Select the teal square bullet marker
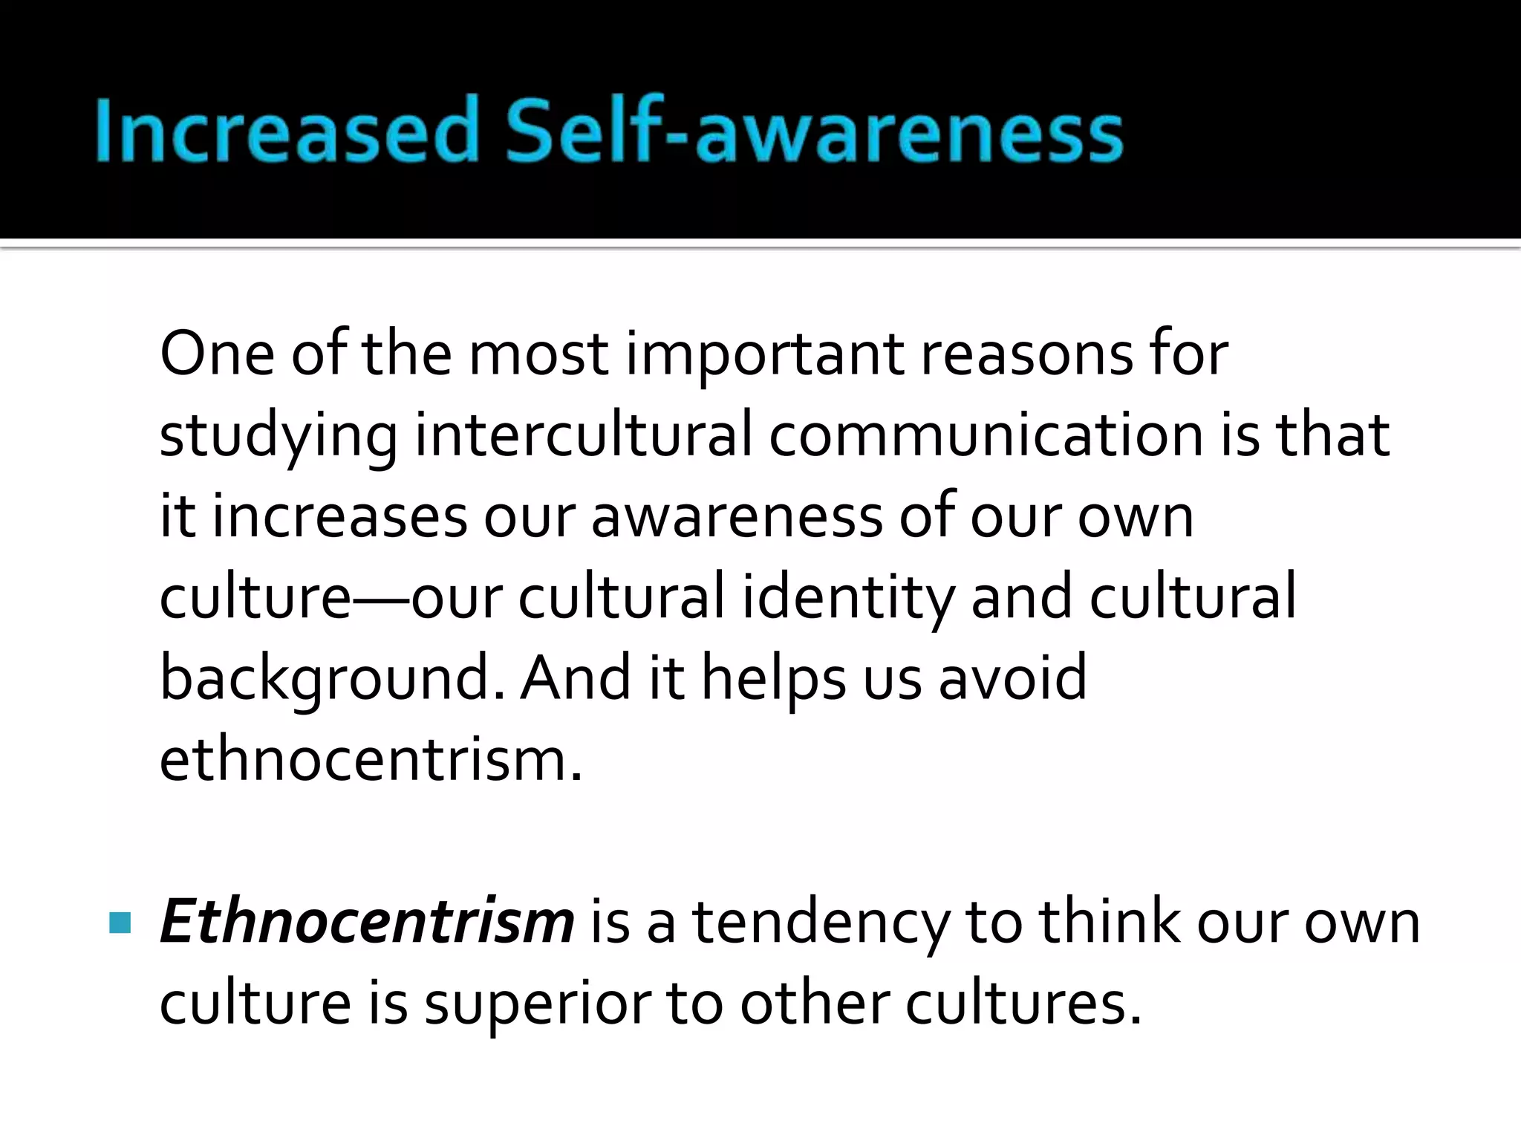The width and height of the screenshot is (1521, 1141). pyautogui.click(x=120, y=923)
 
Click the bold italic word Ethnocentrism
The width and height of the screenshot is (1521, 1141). pyautogui.click(x=367, y=921)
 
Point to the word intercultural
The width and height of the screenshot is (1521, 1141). pyautogui.click(x=583, y=435)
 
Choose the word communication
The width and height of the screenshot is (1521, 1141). pyautogui.click(x=985, y=435)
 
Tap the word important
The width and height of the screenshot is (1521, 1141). pyautogui.click(x=764, y=355)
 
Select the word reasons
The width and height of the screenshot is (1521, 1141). pyautogui.click(x=1026, y=355)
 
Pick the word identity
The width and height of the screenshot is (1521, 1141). pyautogui.click(x=847, y=599)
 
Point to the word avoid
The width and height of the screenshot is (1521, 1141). pyautogui.click(x=1013, y=677)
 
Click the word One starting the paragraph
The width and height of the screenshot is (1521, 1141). pyautogui.click(x=217, y=354)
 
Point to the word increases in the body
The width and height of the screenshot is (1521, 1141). pyautogui.click(x=339, y=516)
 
